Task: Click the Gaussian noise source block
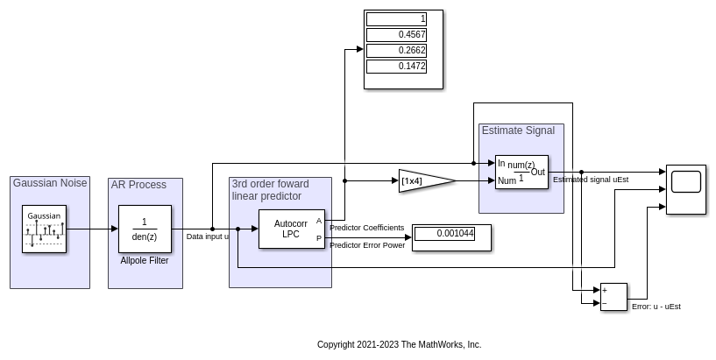44,229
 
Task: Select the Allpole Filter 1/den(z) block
145,229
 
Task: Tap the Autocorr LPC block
291,229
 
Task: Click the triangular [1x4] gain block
423,181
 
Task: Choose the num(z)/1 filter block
521,172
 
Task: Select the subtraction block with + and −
613,296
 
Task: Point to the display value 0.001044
443,234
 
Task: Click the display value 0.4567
396,35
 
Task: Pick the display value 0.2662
396,51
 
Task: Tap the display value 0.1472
396,67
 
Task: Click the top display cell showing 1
396,19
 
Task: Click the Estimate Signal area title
518,131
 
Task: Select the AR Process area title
138,185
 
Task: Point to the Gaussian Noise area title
50,183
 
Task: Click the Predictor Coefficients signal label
366,228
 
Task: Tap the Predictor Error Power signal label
366,245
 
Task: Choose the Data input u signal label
208,236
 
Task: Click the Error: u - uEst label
656,307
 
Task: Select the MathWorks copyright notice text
399,345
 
